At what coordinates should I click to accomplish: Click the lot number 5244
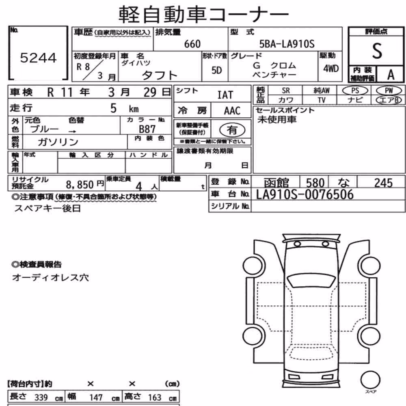(x=38, y=58)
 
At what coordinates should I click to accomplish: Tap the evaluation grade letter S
(x=377, y=51)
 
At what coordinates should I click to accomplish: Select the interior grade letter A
(x=391, y=75)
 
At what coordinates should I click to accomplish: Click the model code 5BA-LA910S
(x=287, y=44)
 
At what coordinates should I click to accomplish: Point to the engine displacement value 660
(x=192, y=44)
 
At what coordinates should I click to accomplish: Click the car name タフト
(x=160, y=76)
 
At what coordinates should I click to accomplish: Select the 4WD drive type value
(x=330, y=69)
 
